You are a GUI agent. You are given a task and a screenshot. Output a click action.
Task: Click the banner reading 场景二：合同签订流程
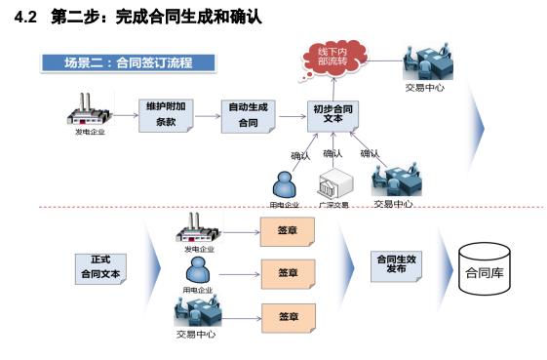128,63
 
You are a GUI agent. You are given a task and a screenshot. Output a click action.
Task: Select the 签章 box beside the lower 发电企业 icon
288,232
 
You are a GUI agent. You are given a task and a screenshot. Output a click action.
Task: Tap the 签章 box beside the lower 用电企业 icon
288,272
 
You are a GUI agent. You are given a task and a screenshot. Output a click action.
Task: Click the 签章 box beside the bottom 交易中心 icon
288,316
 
